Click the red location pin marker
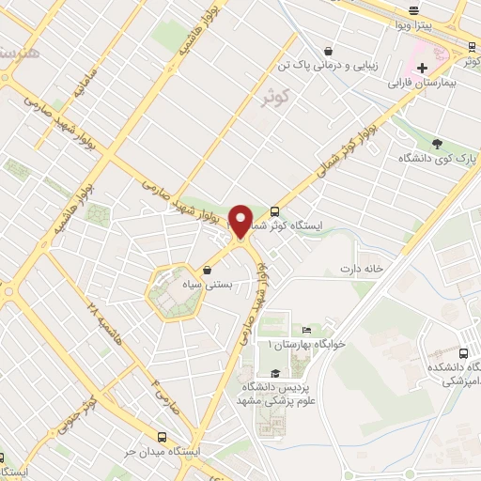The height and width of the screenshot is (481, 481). point(240,222)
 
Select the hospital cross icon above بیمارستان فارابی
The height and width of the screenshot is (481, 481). point(423,67)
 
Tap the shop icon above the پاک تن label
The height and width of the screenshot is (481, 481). point(327,51)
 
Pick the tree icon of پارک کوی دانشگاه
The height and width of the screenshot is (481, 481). point(437,143)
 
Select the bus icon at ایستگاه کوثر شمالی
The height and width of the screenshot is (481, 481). point(274,211)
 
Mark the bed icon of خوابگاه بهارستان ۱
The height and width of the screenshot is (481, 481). point(307,330)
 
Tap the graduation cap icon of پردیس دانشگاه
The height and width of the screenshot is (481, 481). point(274,373)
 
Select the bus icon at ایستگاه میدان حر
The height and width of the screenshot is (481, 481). point(163,437)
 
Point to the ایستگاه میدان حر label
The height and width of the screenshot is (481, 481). point(199,452)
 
